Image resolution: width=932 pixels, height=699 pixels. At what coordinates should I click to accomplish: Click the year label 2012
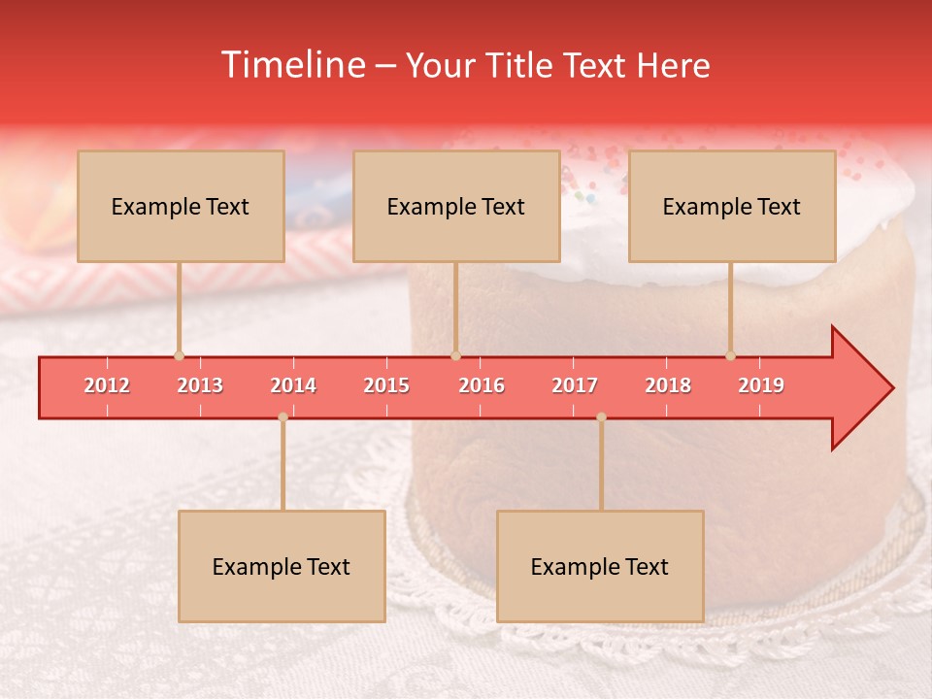coord(107,385)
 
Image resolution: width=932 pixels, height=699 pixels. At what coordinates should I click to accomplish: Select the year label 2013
coord(200,385)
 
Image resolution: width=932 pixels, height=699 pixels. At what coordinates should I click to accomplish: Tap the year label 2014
coord(293,385)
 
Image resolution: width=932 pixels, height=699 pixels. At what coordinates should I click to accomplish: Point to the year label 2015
coord(386,385)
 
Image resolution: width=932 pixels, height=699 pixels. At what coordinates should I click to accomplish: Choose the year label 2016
coord(482,385)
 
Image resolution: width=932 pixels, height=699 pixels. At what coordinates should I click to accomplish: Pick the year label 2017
coord(575,385)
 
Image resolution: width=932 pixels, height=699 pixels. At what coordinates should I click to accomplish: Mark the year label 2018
coord(668,385)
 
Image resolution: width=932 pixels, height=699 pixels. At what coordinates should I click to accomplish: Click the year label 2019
coord(761,385)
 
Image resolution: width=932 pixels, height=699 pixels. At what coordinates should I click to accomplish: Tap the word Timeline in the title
coord(293,65)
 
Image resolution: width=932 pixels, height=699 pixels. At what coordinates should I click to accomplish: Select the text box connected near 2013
coord(181,206)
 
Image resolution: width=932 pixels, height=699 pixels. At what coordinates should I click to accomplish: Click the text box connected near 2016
coord(456,206)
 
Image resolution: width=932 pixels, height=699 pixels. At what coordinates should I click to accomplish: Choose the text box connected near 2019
coord(732,206)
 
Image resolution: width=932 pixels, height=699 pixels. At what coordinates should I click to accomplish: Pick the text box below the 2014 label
coord(282,566)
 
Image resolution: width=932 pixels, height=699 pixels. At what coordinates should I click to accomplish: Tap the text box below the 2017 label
coord(600,566)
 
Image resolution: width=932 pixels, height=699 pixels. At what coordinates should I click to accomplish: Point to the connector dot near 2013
coord(179,355)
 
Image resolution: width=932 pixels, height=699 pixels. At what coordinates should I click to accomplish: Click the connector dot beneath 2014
coord(283,416)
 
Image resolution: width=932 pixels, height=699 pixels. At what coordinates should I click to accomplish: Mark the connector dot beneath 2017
coord(601,416)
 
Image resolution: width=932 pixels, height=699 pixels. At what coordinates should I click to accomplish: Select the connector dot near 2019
coord(730,355)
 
